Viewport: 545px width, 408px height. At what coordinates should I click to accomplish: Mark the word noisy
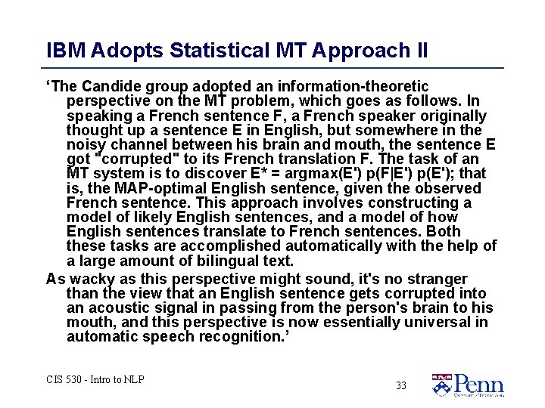[87, 145]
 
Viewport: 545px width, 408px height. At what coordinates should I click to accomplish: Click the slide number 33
[400, 385]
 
